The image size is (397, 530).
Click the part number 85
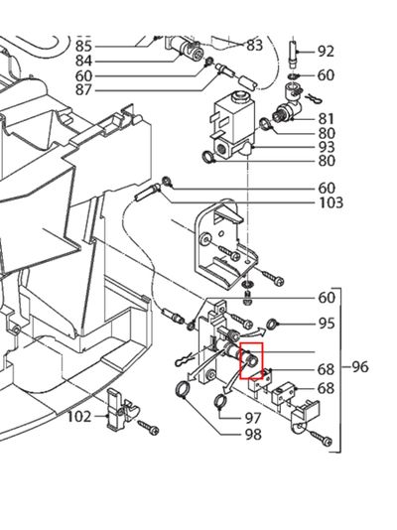(83, 47)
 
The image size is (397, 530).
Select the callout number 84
(83, 62)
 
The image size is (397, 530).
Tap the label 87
(83, 90)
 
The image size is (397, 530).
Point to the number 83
(255, 46)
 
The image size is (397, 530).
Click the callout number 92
(326, 52)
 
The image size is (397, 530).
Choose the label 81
(326, 118)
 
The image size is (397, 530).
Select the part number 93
(326, 147)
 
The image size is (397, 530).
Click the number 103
(331, 202)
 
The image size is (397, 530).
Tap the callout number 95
(326, 324)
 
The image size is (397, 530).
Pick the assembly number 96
(359, 367)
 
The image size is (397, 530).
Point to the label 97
(254, 418)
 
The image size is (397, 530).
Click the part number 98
(254, 435)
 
